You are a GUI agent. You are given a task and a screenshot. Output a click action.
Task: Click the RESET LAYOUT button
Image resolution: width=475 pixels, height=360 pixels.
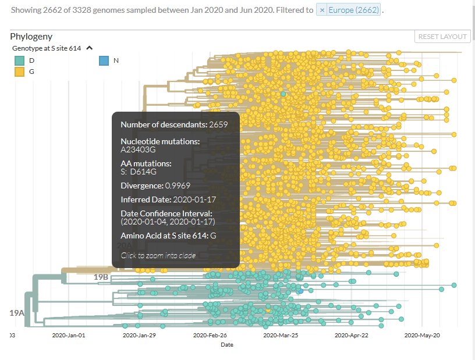442,37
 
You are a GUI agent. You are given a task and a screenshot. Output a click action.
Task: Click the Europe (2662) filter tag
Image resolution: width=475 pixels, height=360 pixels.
353,10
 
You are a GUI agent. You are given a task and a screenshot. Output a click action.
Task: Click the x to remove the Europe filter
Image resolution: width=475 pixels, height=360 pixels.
321,10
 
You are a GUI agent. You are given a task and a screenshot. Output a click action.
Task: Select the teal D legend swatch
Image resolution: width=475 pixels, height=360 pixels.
20,60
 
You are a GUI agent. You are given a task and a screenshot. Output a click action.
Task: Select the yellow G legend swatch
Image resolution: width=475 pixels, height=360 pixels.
20,72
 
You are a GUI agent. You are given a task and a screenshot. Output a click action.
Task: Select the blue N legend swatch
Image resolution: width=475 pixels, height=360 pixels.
104,60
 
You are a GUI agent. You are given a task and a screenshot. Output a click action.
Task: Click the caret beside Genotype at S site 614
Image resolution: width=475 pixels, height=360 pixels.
89,48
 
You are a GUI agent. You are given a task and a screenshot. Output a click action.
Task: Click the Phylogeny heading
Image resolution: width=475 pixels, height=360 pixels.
31,36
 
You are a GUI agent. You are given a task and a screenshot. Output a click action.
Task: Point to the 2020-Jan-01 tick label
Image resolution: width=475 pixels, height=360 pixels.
69,335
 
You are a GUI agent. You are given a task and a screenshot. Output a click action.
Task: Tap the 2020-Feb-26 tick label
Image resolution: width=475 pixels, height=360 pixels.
210,335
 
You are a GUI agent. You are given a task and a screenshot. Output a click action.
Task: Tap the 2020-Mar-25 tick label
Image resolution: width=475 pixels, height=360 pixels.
281,335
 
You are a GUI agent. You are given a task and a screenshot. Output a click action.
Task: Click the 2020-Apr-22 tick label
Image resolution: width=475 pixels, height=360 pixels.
352,335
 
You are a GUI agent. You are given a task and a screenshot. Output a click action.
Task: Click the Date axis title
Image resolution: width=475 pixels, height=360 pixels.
227,345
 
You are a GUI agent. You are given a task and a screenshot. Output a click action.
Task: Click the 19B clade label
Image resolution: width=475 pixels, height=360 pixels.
101,277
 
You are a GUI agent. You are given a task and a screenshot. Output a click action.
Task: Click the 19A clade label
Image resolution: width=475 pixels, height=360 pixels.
17,313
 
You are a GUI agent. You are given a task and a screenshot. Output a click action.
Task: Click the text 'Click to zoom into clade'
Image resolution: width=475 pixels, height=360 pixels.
158,255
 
